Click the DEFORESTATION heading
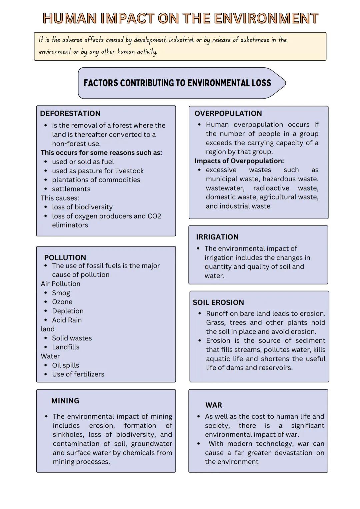[x=70, y=113]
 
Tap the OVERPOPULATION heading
[x=228, y=113]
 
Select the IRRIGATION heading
[x=217, y=237]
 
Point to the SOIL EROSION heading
[x=218, y=302]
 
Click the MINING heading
[x=65, y=401]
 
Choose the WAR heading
[x=213, y=405]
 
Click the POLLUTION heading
[x=65, y=257]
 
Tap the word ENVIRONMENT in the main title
[x=266, y=18]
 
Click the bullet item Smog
[x=61, y=293]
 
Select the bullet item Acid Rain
[x=67, y=320]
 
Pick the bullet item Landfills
[x=66, y=347]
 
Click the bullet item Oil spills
[x=65, y=365]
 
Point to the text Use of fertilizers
[x=78, y=374]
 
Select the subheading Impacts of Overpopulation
[x=239, y=161]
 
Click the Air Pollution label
[x=60, y=284]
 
